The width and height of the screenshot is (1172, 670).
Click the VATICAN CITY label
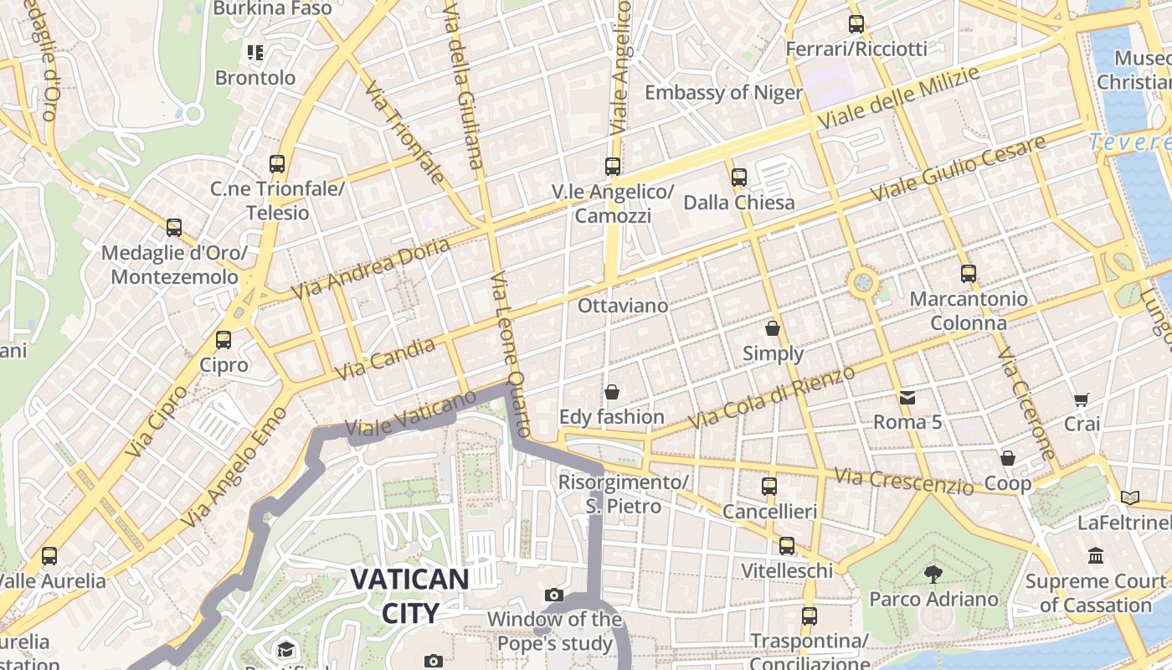point(409,595)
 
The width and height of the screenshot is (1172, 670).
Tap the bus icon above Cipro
point(223,340)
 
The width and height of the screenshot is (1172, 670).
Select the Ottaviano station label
point(623,306)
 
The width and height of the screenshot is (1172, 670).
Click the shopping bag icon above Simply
point(773,328)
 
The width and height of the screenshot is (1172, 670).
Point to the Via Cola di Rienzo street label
point(771,397)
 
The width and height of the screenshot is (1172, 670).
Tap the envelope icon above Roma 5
point(907,397)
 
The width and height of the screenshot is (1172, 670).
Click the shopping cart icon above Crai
point(1082,399)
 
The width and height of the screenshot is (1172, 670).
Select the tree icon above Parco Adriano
point(933,575)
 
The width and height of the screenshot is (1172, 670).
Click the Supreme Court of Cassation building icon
point(1096,556)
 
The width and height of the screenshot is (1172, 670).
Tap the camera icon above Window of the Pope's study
point(553,595)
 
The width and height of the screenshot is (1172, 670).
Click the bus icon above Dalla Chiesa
point(738,178)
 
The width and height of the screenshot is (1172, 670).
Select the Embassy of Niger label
point(723,92)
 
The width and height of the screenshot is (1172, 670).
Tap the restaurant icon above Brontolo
point(255,53)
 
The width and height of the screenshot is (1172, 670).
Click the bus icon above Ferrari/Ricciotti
point(856,24)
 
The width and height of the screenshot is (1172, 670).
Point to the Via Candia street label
point(385,358)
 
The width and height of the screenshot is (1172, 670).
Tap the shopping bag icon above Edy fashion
point(612,392)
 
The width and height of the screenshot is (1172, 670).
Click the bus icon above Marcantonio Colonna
point(969,274)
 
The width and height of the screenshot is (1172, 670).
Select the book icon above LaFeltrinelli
point(1130,497)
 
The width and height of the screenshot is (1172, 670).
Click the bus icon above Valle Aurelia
point(49,556)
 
